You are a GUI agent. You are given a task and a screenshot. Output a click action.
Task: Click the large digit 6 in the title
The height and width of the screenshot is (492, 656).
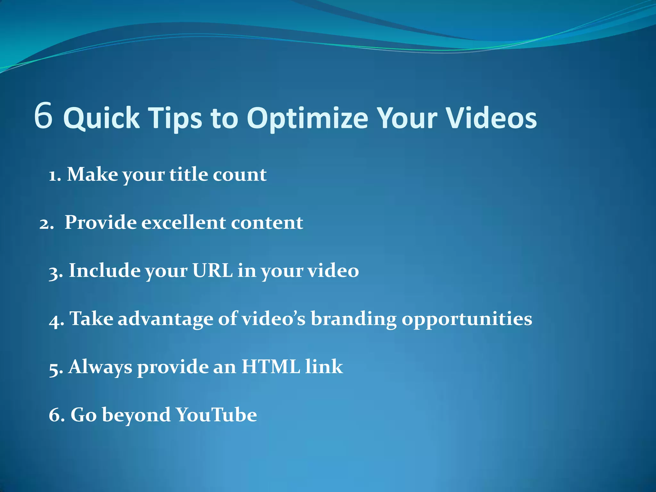(x=43, y=116)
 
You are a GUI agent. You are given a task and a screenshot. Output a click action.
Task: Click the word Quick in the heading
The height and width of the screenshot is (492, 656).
(x=102, y=118)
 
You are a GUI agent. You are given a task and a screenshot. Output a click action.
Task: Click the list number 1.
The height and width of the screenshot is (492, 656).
(x=54, y=176)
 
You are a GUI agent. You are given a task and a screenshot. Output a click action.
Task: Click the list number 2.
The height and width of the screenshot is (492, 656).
(x=45, y=224)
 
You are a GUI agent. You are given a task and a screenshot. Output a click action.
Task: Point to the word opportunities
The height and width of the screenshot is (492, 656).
(x=467, y=320)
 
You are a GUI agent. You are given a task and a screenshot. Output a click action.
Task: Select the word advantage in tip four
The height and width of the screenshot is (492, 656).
(x=165, y=320)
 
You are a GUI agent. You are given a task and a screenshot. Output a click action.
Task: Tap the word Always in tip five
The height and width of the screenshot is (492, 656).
(x=100, y=367)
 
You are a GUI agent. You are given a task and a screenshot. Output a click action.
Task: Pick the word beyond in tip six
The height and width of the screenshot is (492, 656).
(x=136, y=415)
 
